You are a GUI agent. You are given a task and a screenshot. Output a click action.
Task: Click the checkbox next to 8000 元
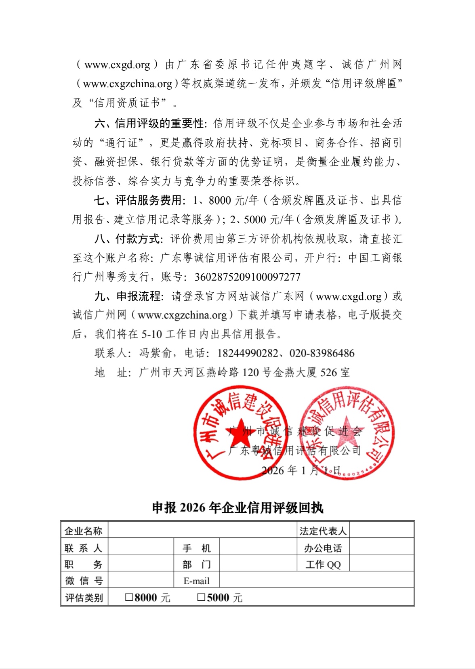(x=129, y=597)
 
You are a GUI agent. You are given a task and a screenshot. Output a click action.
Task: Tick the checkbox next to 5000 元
(x=201, y=597)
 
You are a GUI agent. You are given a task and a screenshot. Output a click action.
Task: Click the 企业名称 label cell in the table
(x=84, y=531)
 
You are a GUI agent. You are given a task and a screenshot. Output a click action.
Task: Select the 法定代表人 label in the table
(x=323, y=531)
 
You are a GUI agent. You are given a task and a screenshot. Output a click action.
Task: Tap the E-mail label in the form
(x=196, y=581)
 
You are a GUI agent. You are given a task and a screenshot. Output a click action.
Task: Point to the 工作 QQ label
(x=323, y=564)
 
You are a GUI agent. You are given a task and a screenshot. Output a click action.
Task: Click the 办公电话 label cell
(x=323, y=547)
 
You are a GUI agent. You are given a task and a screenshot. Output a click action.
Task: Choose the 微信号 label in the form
(x=84, y=581)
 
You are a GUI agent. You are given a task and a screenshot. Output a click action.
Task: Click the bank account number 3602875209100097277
(x=247, y=277)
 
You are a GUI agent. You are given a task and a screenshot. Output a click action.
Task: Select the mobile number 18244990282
(x=248, y=353)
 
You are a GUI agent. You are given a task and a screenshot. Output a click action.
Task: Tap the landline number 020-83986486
(x=322, y=353)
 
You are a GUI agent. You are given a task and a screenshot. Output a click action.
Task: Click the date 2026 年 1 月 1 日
(x=301, y=470)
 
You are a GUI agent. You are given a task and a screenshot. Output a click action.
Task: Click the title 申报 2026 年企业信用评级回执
(x=237, y=507)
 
